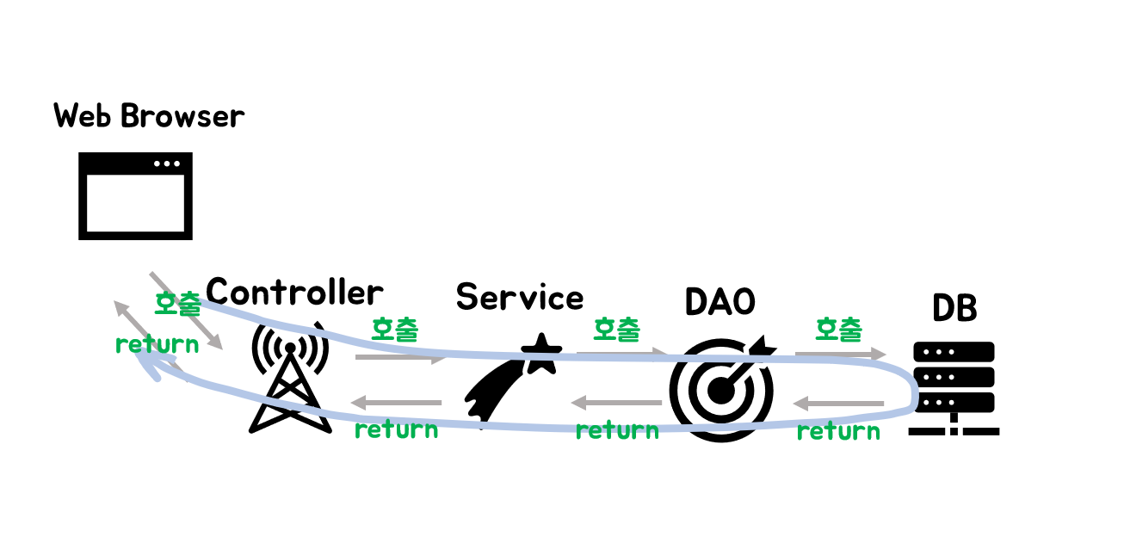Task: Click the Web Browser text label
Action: click(149, 116)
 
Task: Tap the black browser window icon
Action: click(135, 196)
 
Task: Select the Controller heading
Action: click(294, 293)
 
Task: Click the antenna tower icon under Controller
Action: click(290, 378)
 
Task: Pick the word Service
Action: click(520, 298)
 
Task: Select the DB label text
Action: click(954, 308)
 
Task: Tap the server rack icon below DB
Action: click(954, 387)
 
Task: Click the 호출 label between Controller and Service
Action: click(395, 329)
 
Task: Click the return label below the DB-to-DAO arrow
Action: click(838, 431)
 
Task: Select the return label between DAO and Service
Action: click(617, 429)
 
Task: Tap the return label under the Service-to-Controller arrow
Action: click(396, 429)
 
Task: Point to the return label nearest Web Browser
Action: click(157, 344)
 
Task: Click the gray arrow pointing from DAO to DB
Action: click(840, 354)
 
